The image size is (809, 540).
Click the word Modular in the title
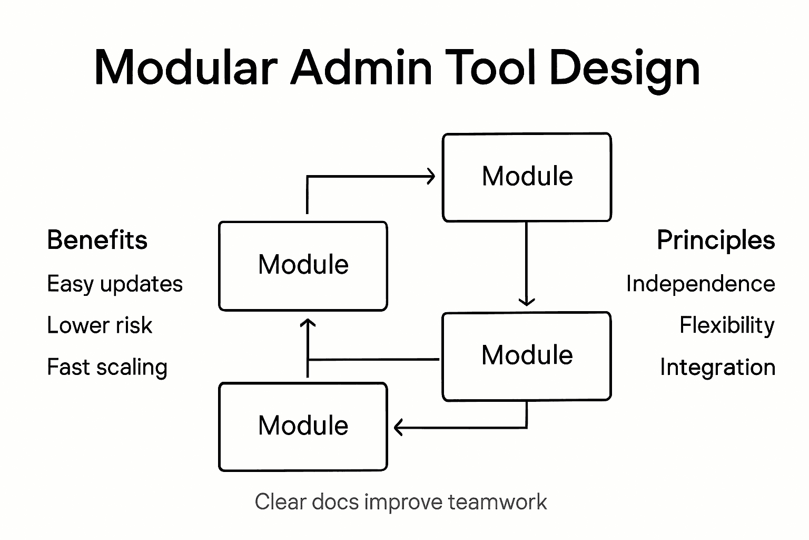185,67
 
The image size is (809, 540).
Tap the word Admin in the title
361,67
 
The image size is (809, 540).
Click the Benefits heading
97,240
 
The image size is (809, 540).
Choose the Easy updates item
115,284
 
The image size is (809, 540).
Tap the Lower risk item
100,325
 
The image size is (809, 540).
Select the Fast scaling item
107,368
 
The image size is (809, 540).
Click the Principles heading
716,240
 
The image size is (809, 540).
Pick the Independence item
701,284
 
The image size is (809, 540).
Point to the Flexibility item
727,325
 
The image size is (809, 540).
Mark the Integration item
717,368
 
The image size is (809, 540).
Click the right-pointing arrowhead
431,176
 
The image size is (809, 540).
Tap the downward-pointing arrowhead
527,302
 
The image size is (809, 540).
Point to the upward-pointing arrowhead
308,323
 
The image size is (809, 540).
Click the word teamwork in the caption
497,502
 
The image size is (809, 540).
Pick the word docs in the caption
334,502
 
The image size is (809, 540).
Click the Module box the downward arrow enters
527,356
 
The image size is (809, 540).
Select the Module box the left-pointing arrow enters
303,426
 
